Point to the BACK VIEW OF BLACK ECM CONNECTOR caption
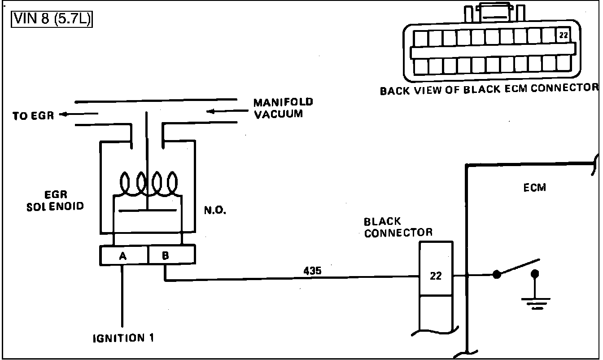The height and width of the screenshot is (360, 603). click(x=489, y=89)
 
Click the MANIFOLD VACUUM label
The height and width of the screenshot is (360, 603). click(x=283, y=108)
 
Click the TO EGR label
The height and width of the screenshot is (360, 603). click(x=33, y=115)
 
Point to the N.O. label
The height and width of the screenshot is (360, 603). click(x=215, y=210)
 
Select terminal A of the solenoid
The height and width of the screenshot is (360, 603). click(x=123, y=256)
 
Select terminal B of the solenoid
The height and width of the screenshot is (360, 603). click(x=166, y=256)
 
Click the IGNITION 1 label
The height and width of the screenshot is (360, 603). click(x=123, y=338)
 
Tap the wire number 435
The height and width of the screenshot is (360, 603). click(x=312, y=271)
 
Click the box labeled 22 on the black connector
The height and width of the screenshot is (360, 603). click(x=436, y=276)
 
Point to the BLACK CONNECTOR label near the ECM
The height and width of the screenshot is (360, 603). click(x=398, y=227)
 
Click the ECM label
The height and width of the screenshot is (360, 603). click(x=535, y=188)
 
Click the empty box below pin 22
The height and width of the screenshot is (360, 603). click(x=436, y=310)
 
